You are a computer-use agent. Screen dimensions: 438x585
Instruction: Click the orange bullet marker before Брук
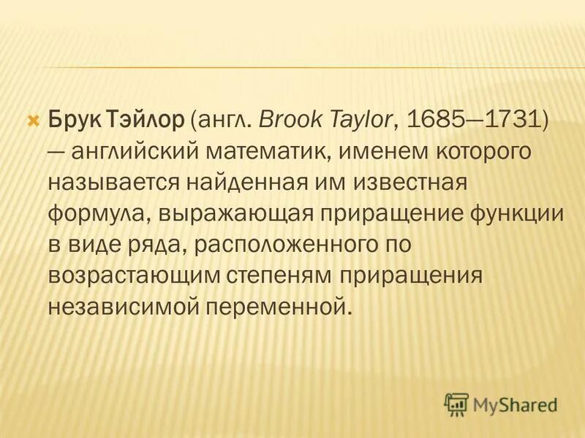pyautogui.click(x=31, y=118)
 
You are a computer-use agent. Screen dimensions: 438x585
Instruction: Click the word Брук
pyautogui.click(x=73, y=119)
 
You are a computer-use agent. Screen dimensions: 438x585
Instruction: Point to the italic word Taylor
pyautogui.click(x=361, y=119)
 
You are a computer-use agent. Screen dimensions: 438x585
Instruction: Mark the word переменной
pyautogui.click(x=282, y=305)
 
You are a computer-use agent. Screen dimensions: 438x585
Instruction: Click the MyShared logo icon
pyautogui.click(x=456, y=403)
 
